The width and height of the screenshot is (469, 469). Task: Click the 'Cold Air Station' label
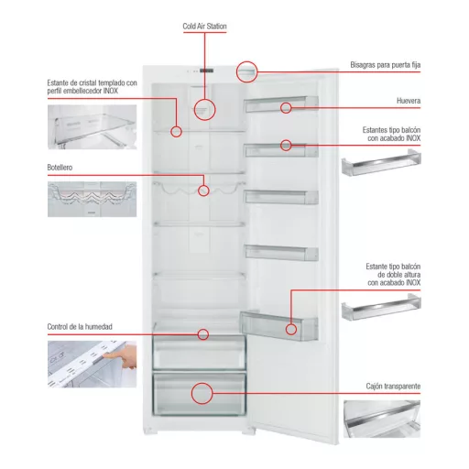pyautogui.click(x=204, y=27)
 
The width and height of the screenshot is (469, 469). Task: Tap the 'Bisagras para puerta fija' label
pyautogui.click(x=386, y=65)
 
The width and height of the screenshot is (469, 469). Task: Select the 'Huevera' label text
pyautogui.click(x=409, y=101)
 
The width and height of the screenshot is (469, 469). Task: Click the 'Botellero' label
pyautogui.click(x=60, y=168)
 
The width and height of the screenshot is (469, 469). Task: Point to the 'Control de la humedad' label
pyautogui.click(x=80, y=327)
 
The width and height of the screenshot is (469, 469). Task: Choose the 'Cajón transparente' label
pyautogui.click(x=393, y=387)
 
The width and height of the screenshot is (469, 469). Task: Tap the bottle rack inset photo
pyautogui.click(x=92, y=199)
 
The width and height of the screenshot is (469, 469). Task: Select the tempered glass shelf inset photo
pyautogui.click(x=92, y=127)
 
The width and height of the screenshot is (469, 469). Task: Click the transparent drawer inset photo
pyautogui.click(x=382, y=419)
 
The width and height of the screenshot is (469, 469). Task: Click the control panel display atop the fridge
pyautogui.click(x=206, y=71)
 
